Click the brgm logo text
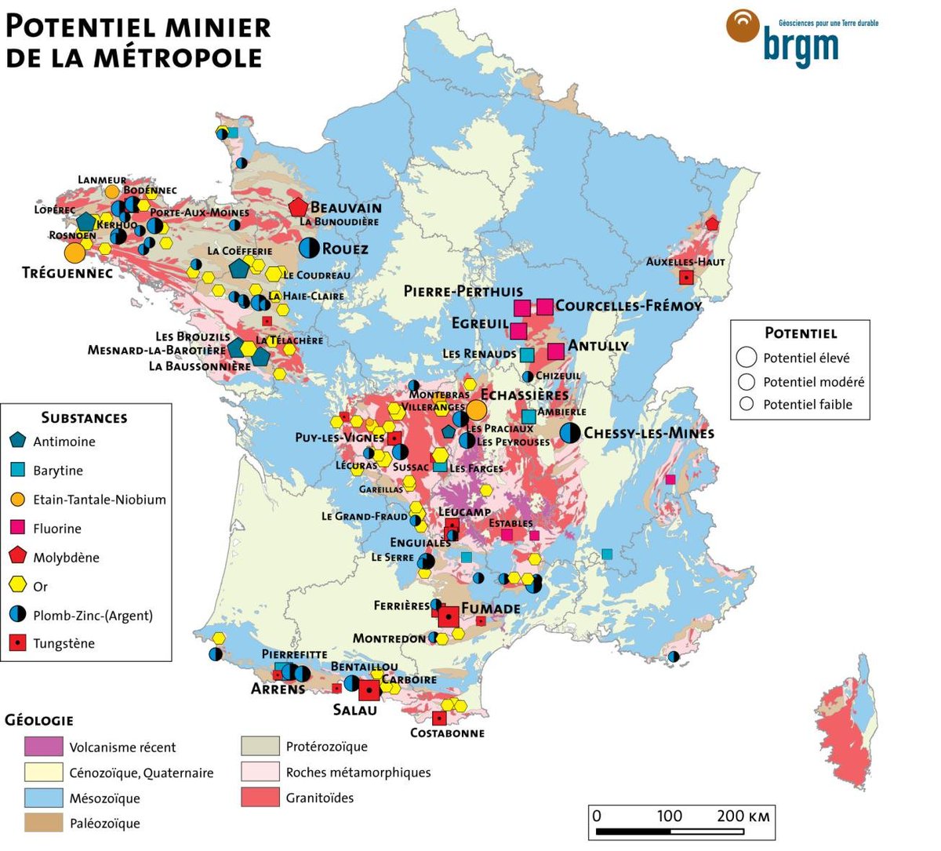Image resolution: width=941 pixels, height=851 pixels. [x=800, y=46]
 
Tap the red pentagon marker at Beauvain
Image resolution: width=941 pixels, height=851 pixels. [x=298, y=207]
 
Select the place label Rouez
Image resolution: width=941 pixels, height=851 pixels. [x=345, y=249]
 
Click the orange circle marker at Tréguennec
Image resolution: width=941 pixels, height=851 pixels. [x=74, y=253]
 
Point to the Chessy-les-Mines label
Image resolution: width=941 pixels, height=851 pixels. [x=649, y=433]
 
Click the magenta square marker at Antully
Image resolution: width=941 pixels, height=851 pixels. [x=556, y=351]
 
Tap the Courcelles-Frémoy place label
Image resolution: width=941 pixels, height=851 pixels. [x=628, y=306]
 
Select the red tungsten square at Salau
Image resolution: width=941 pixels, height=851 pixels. [x=369, y=690]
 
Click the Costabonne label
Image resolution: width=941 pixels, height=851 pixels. [x=447, y=733]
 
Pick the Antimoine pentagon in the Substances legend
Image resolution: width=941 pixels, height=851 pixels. [x=19, y=441]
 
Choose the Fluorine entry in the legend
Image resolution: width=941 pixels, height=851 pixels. [x=56, y=529]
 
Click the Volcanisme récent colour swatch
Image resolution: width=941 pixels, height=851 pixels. [x=43, y=747]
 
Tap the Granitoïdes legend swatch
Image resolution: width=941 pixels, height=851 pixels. [x=260, y=798]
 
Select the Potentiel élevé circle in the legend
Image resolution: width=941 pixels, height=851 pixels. [x=747, y=358]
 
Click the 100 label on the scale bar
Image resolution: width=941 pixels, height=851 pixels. [x=669, y=816]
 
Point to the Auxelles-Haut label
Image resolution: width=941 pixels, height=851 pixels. [x=685, y=261]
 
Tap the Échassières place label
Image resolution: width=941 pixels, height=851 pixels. [x=525, y=395]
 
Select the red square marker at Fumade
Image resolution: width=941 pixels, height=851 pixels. [x=448, y=617]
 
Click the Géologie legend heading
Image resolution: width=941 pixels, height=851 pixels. [x=39, y=720]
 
